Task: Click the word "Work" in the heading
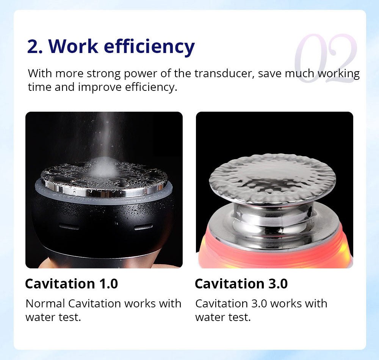coord(73,46)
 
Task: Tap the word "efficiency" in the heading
coord(149,47)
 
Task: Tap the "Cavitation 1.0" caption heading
coord(72,284)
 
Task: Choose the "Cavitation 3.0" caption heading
coord(241,284)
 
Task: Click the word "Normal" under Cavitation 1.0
coord(45,303)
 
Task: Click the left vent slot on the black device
coord(69,227)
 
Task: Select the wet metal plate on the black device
coord(104,178)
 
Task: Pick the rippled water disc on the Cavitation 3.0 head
coord(272,177)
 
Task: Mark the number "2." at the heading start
coord(35,46)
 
